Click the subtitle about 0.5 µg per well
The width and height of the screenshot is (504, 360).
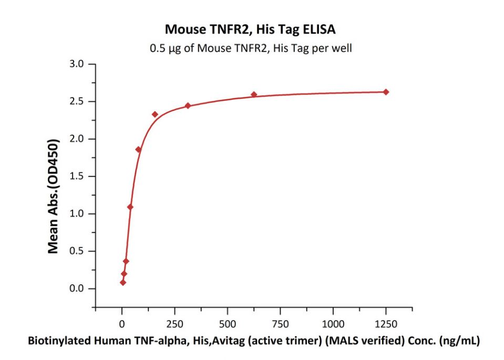click(x=251, y=48)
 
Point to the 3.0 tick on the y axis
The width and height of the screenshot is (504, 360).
click(x=79, y=64)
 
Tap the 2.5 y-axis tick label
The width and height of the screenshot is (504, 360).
click(x=79, y=101)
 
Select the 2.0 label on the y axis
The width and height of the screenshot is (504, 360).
click(x=79, y=139)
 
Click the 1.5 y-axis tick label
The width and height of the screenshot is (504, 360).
click(x=79, y=177)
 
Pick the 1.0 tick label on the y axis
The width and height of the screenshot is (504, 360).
click(x=79, y=214)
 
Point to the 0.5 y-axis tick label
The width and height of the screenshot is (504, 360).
click(x=79, y=251)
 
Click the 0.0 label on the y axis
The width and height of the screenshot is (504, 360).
click(x=79, y=289)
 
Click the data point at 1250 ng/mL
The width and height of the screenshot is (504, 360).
click(x=386, y=92)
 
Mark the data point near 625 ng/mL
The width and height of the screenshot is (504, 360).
click(x=254, y=95)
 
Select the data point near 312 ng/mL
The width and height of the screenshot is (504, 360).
click(x=188, y=106)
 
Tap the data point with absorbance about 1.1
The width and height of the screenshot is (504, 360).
click(x=130, y=207)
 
